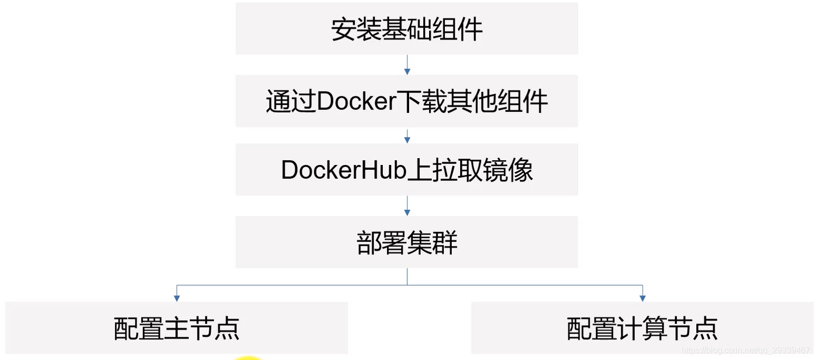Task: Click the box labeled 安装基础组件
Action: (x=406, y=28)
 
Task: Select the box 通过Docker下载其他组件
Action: (x=406, y=101)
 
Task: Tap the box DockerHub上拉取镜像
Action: (x=406, y=169)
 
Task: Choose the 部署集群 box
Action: (x=406, y=242)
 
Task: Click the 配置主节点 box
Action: (x=176, y=328)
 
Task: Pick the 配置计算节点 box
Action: (x=642, y=328)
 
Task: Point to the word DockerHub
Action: (x=344, y=170)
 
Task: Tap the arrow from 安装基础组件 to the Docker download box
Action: (x=407, y=64)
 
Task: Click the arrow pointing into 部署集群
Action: (x=407, y=206)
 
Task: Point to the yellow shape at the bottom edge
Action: (x=248, y=357)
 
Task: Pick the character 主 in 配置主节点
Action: (x=176, y=328)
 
